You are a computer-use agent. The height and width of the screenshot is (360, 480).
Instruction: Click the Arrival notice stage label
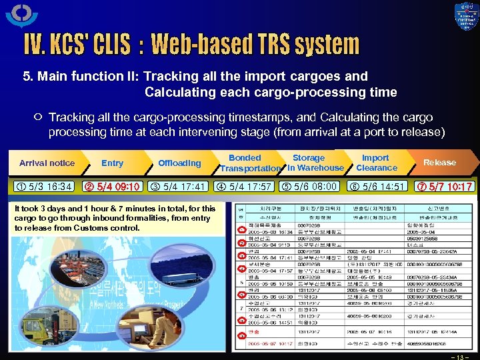pyautogui.click(x=47, y=163)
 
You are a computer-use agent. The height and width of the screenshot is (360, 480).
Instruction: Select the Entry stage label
pyautogui.click(x=112, y=163)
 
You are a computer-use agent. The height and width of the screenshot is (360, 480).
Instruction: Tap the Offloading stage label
pyautogui.click(x=179, y=163)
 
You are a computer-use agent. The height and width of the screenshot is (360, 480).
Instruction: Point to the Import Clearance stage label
pyautogui.click(x=376, y=163)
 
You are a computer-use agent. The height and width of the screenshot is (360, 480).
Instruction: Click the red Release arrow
pyautogui.click(x=441, y=162)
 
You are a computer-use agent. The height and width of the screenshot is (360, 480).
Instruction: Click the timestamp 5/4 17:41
pyautogui.click(x=179, y=187)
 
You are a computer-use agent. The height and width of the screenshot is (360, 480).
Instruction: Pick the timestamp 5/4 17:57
pyautogui.click(x=245, y=187)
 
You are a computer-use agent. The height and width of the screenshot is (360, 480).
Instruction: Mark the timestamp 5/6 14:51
pyautogui.click(x=376, y=187)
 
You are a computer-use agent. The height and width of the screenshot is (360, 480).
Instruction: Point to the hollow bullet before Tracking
pyautogui.click(x=37, y=117)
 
